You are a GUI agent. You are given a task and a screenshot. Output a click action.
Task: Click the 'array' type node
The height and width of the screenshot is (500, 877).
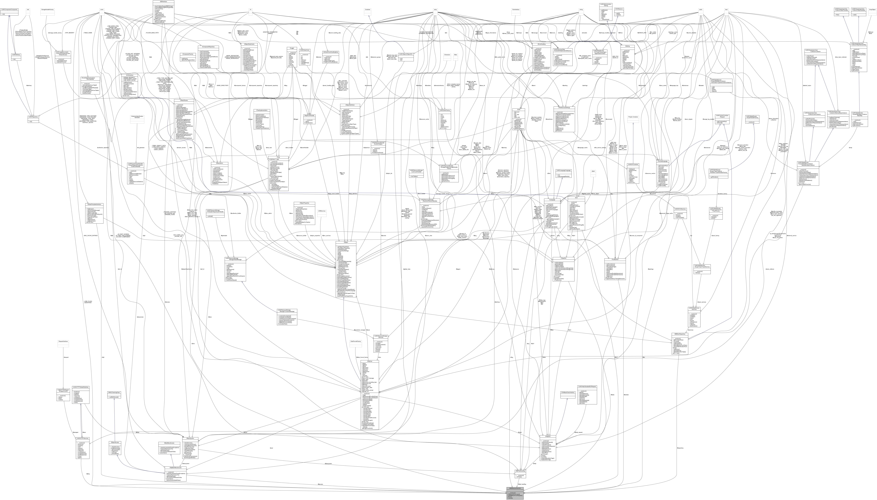pyautogui.click(x=435, y=10)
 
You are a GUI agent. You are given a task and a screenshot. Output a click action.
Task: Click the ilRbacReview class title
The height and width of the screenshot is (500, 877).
pyautogui.click(x=184, y=100)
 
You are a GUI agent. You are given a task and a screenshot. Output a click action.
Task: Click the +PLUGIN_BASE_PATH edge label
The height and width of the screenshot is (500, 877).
pyautogui.click(x=152, y=33)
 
